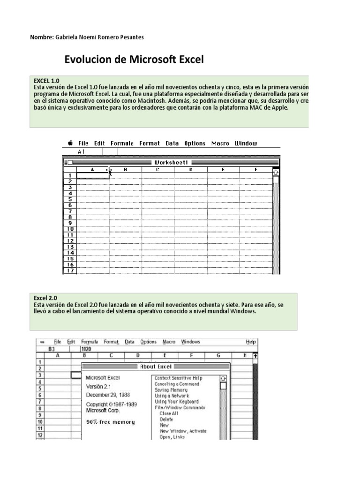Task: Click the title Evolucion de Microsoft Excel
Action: [x=134, y=60]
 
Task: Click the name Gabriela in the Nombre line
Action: [x=70, y=37]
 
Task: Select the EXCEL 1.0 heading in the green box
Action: [x=46, y=81]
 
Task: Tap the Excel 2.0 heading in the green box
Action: [x=45, y=298]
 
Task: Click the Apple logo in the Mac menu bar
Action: [x=70, y=143]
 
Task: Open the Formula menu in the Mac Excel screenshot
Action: [x=122, y=143]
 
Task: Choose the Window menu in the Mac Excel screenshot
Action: [x=246, y=143]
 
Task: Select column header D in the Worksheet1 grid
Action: [x=190, y=170]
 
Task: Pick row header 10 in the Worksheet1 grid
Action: [x=70, y=229]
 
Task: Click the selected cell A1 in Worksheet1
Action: [x=92, y=176]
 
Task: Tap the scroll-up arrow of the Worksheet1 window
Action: [x=276, y=172]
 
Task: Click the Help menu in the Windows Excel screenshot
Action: [x=251, y=342]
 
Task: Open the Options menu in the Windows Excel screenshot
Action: [x=148, y=342]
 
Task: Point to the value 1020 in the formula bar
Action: [x=86, y=349]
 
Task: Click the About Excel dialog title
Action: [x=156, y=367]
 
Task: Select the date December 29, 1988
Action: [x=107, y=395]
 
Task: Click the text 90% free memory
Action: [x=110, y=422]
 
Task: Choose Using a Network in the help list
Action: [x=172, y=396]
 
